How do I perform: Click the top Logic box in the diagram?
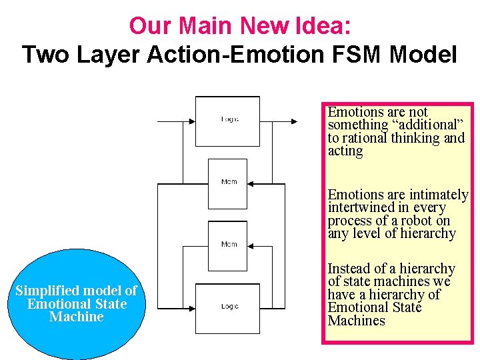click(227, 121)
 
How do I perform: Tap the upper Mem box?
click(228, 183)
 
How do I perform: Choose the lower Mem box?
click(228, 245)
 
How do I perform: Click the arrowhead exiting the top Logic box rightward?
click(294, 121)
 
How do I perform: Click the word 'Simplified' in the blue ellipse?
click(45, 291)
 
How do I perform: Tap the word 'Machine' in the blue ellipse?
click(76, 317)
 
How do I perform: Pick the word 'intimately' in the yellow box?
click(439, 195)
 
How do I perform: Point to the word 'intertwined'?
click(362, 207)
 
